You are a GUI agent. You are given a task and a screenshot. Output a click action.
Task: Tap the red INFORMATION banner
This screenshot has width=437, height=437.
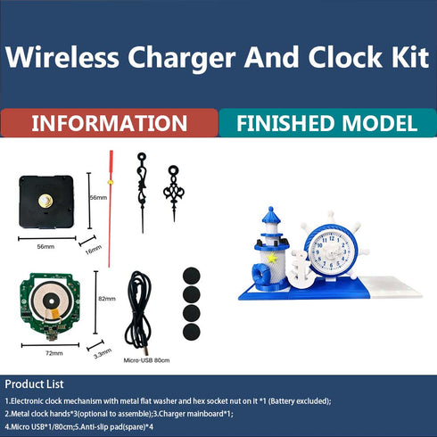click(x=109, y=123)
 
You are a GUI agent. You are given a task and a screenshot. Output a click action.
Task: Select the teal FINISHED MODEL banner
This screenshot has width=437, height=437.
click(x=327, y=123)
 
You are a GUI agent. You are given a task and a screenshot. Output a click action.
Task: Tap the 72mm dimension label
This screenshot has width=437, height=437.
click(x=54, y=353)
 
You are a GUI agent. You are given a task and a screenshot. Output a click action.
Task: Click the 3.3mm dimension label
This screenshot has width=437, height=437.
click(x=103, y=352)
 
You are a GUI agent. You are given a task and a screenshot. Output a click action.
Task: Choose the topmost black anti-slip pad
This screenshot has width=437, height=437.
click(x=190, y=275)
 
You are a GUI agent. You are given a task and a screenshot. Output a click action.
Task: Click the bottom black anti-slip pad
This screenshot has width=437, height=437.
click(x=190, y=332)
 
